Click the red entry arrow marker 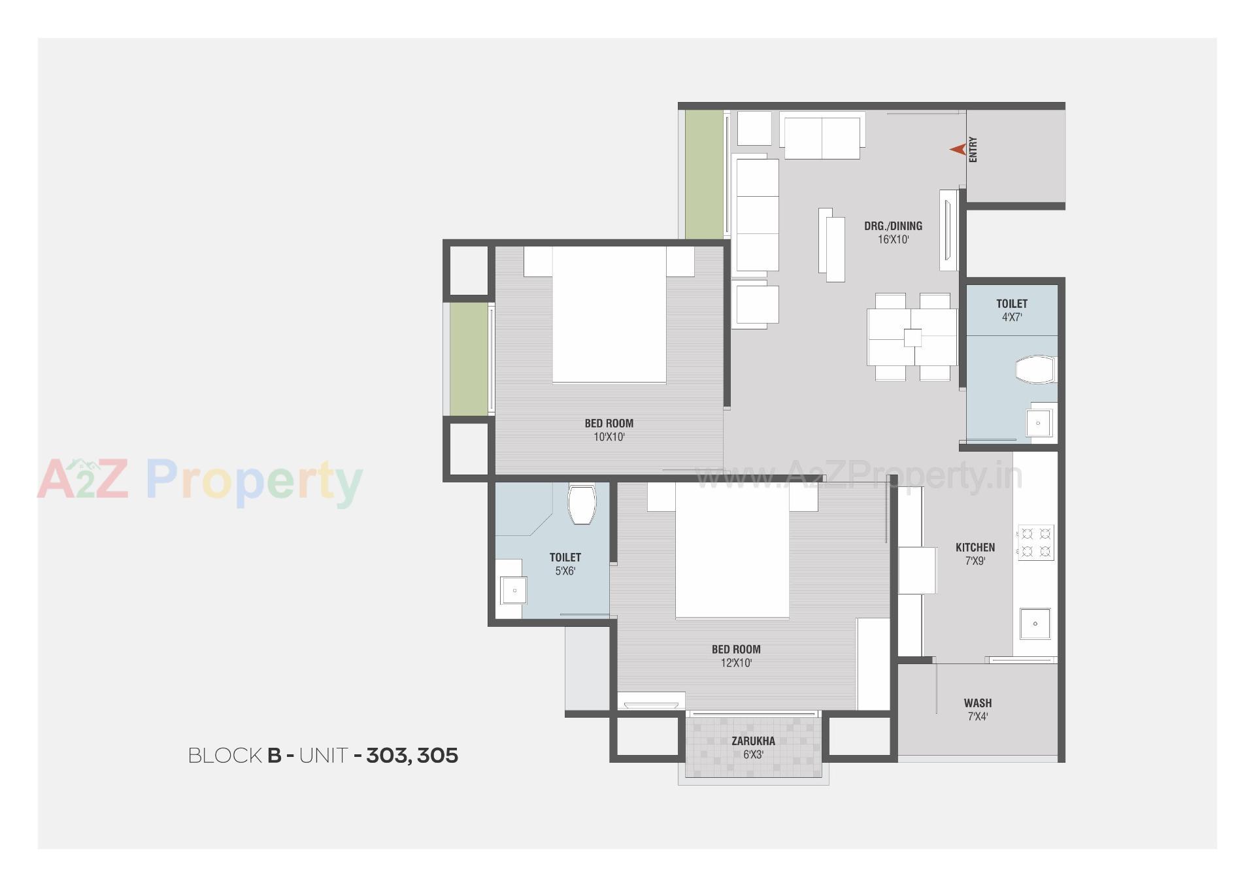tap(958, 150)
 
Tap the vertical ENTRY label tap(973, 150)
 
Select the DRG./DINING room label tap(893, 226)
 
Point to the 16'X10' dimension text tap(893, 240)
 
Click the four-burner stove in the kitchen tap(1035, 543)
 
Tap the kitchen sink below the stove tap(1035, 624)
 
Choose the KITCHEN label tap(975, 548)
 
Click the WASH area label tap(978, 703)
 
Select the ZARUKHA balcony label tap(753, 741)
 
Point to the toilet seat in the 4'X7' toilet tap(1036, 370)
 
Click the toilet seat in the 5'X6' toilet tap(582, 503)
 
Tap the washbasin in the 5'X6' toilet tap(514, 590)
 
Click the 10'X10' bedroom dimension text tap(609, 437)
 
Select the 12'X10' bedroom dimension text tap(736, 663)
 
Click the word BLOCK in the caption tap(225, 756)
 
